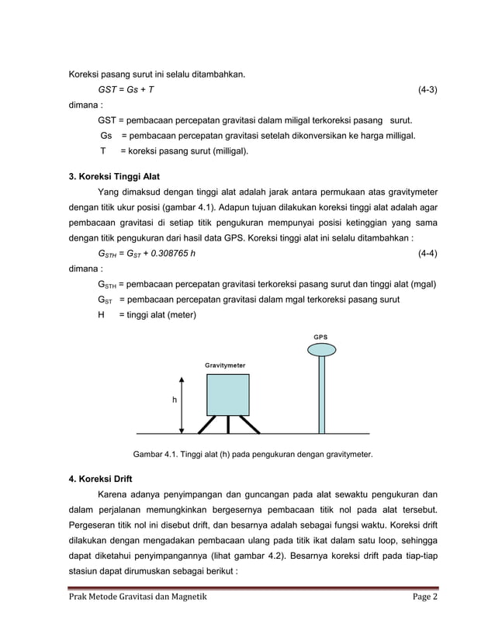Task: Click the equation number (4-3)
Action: click(x=427, y=90)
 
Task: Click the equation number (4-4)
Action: click(x=427, y=253)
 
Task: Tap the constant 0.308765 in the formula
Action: click(x=167, y=253)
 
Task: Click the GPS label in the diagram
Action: click(x=320, y=337)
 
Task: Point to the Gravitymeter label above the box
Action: click(x=227, y=363)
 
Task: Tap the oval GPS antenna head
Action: click(x=320, y=351)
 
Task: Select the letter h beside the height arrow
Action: click(x=175, y=400)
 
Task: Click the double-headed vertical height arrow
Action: click(x=182, y=404)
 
